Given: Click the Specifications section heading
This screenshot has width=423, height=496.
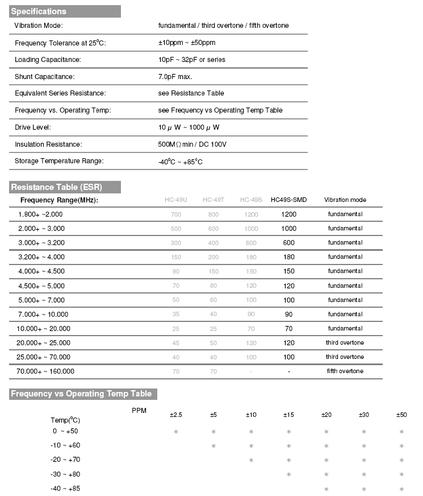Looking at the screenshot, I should pos(39,11).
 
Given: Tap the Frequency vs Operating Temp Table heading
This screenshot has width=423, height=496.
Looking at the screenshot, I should pos(81,394).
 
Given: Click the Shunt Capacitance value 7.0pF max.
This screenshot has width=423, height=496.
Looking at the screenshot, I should pos(179,76).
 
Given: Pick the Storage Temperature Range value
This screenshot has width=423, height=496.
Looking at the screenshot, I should pos(181,162).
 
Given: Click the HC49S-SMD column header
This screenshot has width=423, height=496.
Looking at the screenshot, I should pos(288,200).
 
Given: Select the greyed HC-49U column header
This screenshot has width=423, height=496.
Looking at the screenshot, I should pos(175,200).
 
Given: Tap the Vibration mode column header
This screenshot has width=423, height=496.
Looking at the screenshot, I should pos(345,200).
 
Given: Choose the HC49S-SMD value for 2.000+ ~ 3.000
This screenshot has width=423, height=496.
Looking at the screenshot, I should pos(288,229).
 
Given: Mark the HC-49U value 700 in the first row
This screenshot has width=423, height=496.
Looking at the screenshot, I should pos(175,214).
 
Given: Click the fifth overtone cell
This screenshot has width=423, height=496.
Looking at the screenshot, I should pos(345,371).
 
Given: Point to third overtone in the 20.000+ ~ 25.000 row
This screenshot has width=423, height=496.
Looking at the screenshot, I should pos(345,343).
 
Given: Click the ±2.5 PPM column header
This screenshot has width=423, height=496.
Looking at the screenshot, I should pos(176,415).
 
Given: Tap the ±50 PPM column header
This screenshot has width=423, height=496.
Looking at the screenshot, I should pos(401,415).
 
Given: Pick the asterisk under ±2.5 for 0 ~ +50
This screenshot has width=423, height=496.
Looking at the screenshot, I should pos(176,432).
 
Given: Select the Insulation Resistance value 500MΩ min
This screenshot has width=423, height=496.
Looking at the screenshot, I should pos(192,144).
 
